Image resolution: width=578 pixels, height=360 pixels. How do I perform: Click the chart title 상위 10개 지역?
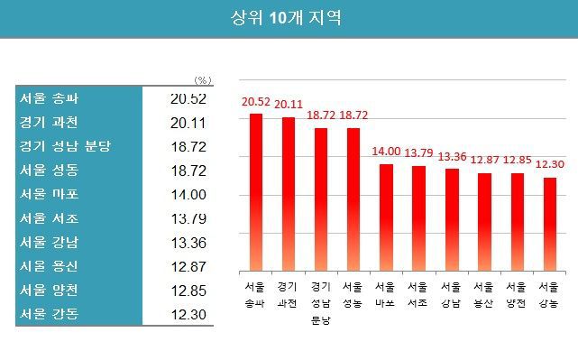[x=288, y=18]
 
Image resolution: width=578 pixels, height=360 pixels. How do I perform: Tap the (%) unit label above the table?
[x=203, y=80]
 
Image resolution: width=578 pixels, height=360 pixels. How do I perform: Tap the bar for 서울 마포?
[x=386, y=217]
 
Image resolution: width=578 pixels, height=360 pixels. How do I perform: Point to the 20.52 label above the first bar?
[x=256, y=102]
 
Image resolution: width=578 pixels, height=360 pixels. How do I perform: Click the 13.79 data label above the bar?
[x=418, y=152]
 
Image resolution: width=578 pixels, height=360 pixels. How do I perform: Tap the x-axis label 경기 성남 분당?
[x=321, y=303]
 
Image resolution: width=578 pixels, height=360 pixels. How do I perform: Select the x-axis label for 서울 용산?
[x=484, y=296]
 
